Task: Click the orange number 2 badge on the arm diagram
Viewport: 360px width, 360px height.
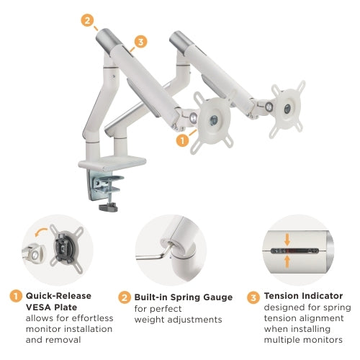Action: click(88, 20)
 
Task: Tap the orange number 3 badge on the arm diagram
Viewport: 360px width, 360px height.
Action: click(140, 42)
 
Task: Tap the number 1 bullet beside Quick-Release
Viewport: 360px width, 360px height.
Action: click(14, 296)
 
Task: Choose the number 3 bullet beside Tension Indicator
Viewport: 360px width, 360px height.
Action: click(254, 296)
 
